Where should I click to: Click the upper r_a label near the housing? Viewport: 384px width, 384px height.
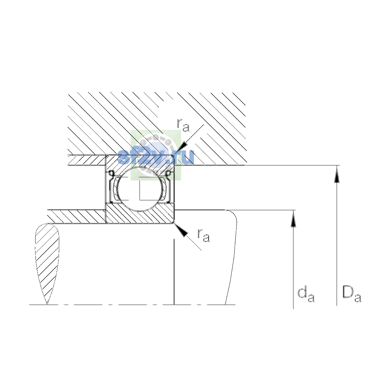[x=183, y=125]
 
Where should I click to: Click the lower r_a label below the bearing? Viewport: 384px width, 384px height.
[x=204, y=235]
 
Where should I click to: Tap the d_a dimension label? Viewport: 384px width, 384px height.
[x=306, y=295]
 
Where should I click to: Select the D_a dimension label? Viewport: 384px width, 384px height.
[x=352, y=295]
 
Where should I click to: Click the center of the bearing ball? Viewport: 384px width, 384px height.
[x=140, y=189]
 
